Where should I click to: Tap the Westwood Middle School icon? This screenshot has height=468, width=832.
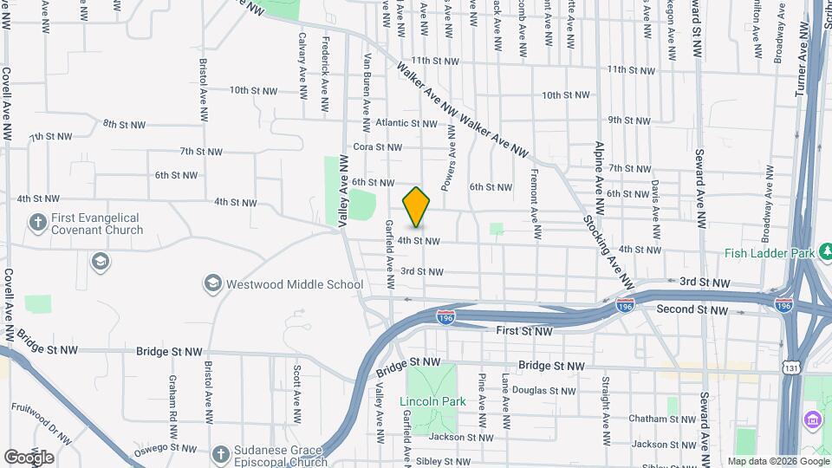pyautogui.click(x=212, y=283)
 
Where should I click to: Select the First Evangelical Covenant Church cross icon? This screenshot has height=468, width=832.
pyautogui.click(x=37, y=223)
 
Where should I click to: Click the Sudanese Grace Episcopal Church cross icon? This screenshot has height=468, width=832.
pyautogui.click(x=221, y=454)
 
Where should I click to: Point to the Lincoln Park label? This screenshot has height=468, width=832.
pyautogui.click(x=432, y=401)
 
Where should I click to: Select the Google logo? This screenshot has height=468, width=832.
pyautogui.click(x=29, y=457)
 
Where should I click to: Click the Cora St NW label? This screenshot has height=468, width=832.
pyautogui.click(x=374, y=148)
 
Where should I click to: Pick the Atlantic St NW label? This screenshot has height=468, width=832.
pyautogui.click(x=400, y=123)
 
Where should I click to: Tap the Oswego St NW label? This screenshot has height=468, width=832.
pyautogui.click(x=164, y=449)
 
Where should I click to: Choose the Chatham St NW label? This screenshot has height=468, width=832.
pyautogui.click(x=660, y=419)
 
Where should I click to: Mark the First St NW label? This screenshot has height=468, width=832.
pyautogui.click(x=524, y=331)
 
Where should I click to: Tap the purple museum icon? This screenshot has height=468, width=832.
pyautogui.click(x=813, y=421)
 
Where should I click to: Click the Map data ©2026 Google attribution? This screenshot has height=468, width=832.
pyautogui.click(x=777, y=461)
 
